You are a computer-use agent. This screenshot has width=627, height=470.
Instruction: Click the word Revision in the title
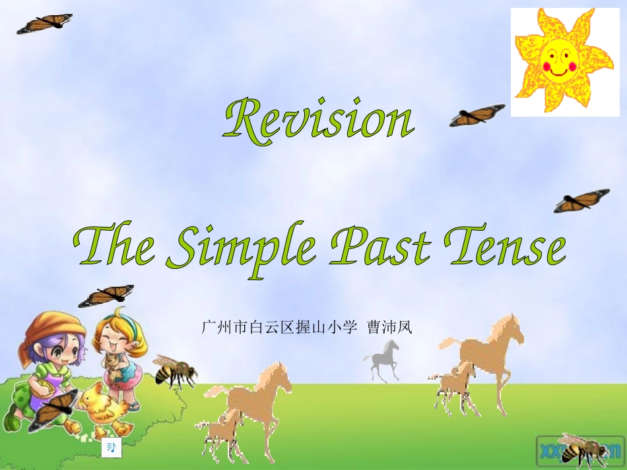pyautogui.click(x=319, y=119)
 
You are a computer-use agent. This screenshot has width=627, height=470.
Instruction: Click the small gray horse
pyautogui.click(x=382, y=359)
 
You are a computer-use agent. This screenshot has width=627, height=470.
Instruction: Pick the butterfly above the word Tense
pyautogui.click(x=581, y=200)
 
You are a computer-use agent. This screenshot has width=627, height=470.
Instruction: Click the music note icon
pyautogui.click(x=112, y=448)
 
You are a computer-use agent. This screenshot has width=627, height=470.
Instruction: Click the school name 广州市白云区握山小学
pyautogui.click(x=279, y=327)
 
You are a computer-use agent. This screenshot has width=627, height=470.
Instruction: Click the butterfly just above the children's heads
pyautogui.click(x=106, y=296)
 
